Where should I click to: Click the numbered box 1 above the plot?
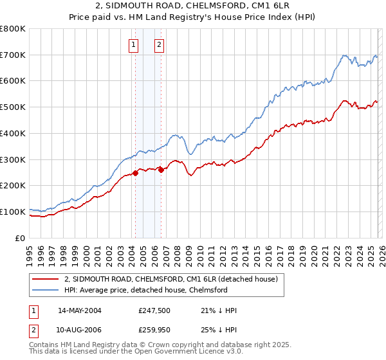[133, 45]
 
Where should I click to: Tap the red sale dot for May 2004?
[136, 172]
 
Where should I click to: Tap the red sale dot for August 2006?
[161, 170]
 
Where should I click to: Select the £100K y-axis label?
[13, 212]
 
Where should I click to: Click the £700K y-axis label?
[13, 55]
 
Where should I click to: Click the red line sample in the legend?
[46, 280]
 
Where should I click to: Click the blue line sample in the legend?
[46, 291]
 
